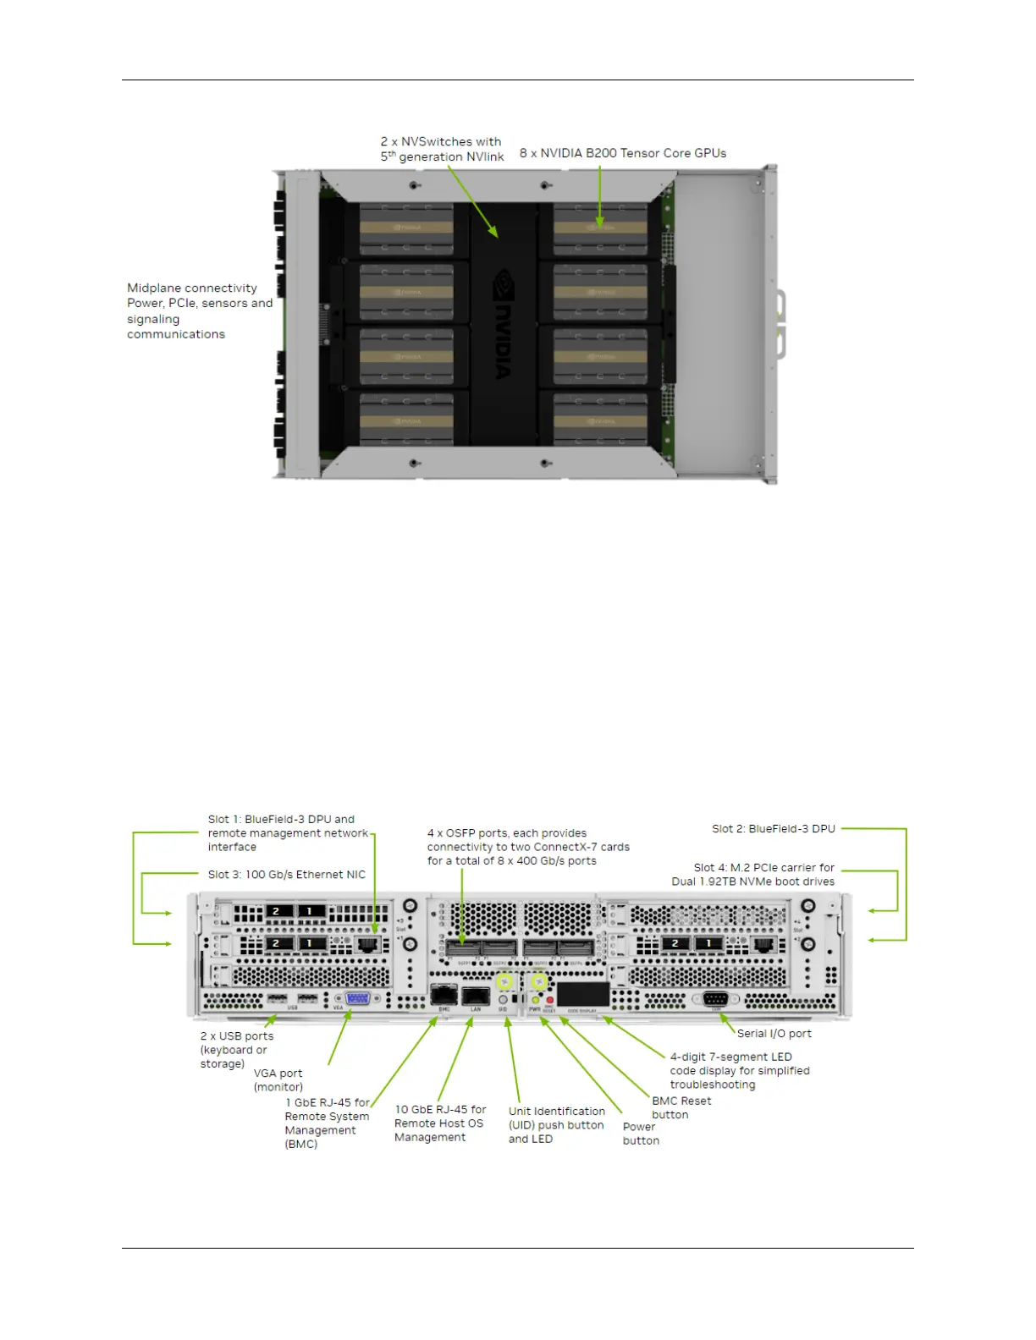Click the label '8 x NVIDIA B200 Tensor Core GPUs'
(622, 153)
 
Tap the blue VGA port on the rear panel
(357, 998)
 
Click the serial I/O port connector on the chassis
(715, 999)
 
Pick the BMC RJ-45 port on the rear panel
(444, 994)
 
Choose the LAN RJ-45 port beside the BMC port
(476, 994)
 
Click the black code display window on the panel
(582, 994)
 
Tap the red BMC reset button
(550, 1000)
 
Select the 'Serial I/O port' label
(774, 1033)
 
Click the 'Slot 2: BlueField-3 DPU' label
(773, 829)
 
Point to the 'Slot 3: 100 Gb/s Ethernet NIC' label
(286, 875)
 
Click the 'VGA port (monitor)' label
(278, 1079)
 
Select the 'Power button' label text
(640, 1134)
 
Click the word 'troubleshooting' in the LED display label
(712, 1085)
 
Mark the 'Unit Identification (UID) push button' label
(556, 1124)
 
